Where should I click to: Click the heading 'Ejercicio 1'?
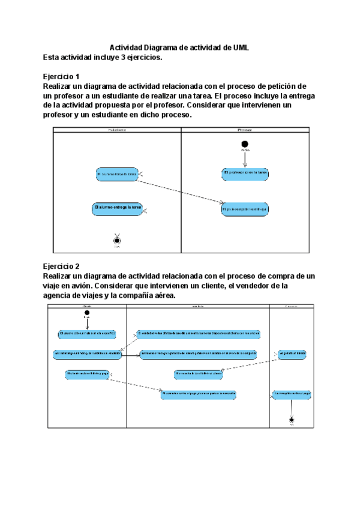coord(61,77)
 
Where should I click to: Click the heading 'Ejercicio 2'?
coord(61,266)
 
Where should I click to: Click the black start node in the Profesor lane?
coord(244,144)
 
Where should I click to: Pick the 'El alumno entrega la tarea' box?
coord(117,208)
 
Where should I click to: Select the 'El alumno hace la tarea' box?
coord(117,175)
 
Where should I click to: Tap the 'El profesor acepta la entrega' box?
coord(244,209)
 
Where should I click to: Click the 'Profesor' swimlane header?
coord(244,130)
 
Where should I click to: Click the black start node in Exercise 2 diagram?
coord(87,313)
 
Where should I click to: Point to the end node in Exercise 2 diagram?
coord(292,420)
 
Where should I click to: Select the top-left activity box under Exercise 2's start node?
coord(87,333)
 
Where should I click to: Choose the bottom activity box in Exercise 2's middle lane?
coord(199,394)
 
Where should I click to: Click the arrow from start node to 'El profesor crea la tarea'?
coord(244,158)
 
